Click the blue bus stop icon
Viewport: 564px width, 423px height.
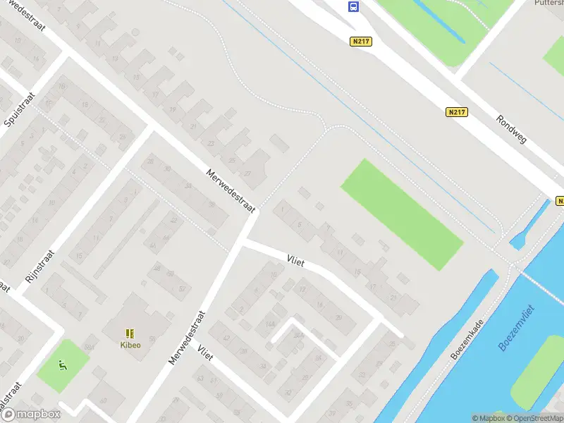[352, 7]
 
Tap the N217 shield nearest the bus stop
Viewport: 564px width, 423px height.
[360, 42]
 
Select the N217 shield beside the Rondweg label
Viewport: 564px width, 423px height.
[457, 112]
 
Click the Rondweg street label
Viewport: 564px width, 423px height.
[510, 129]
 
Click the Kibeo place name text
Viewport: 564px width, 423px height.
[129, 345]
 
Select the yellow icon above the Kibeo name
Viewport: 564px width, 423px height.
[129, 333]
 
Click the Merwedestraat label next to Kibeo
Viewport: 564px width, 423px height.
[186, 338]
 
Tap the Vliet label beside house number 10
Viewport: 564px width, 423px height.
[295, 260]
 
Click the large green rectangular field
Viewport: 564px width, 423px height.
[402, 214]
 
